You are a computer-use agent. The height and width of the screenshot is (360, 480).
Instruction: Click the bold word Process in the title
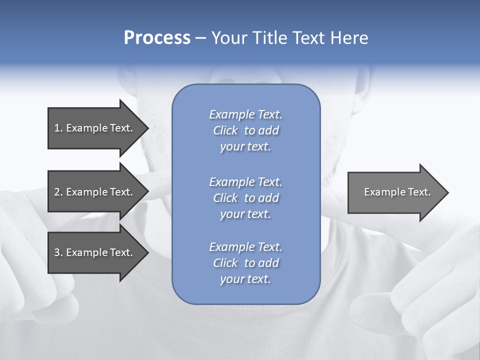[x=157, y=38]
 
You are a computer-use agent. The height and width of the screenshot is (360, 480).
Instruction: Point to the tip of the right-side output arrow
[x=447, y=192]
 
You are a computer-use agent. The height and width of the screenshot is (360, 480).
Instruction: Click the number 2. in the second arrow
[x=58, y=192]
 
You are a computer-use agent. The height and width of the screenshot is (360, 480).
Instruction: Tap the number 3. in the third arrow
[x=58, y=252]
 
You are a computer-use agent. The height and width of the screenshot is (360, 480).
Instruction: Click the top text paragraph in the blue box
[x=245, y=130]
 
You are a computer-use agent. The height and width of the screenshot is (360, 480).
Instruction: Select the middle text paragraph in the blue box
[x=245, y=198]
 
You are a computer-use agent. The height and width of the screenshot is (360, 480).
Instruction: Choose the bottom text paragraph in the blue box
[x=245, y=263]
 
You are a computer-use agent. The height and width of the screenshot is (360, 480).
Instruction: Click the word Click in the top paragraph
[x=225, y=130]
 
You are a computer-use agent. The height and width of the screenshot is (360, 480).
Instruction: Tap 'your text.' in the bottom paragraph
[x=245, y=279]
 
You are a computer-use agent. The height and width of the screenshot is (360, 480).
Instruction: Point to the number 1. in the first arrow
[x=58, y=128]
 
